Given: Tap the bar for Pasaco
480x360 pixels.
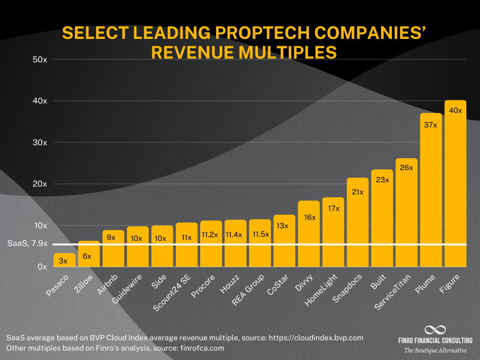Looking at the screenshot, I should (64, 260).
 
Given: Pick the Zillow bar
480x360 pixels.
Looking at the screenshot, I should (89, 254).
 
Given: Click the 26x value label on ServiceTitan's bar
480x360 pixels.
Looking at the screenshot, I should (406, 167).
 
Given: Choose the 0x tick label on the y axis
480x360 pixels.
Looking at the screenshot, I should (42, 267).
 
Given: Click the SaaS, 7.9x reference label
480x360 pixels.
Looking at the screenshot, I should (27, 244).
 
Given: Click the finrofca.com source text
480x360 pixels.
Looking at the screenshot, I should (200, 348).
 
